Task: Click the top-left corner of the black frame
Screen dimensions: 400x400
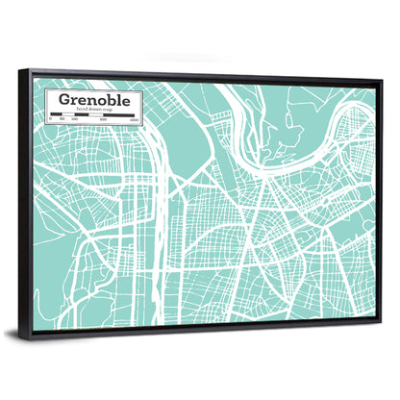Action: pyautogui.click(x=31, y=70)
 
